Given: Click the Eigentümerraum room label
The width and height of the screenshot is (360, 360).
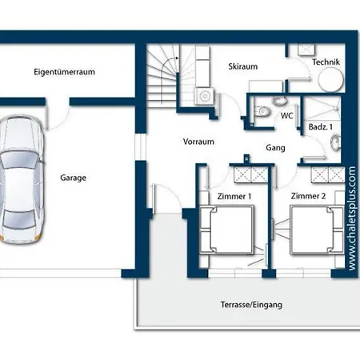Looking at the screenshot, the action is pos(64,72).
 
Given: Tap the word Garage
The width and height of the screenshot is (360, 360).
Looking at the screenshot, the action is pos(73,178).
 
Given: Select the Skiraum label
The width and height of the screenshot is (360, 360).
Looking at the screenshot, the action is pos(243,66).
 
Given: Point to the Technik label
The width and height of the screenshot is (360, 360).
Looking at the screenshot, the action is pos(326,62).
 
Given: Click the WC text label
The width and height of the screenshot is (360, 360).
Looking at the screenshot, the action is pos(286,116).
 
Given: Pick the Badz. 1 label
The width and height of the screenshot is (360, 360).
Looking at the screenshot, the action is pos(321,127).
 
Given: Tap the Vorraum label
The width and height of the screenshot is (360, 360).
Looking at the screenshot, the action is pos(198,142).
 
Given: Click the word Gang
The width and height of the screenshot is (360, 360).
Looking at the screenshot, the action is pos(275,148).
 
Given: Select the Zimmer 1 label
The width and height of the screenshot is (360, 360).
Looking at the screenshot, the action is pos(234,197).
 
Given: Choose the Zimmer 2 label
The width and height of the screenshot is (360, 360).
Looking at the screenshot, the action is pos(308,196).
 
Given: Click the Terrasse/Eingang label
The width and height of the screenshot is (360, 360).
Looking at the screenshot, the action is pos(251,305).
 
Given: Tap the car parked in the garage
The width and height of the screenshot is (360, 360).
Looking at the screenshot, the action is pos(22,178).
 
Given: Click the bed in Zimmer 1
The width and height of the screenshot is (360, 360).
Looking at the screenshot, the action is pos(226,230).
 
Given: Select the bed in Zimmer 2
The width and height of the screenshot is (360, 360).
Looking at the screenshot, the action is pos(317,230).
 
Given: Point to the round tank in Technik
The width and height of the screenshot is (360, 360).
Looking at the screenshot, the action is pos(331,79).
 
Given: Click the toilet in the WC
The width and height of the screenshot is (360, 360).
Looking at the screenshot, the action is pos(263,111).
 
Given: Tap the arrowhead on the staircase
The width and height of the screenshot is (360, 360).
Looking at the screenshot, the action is pos(177,58).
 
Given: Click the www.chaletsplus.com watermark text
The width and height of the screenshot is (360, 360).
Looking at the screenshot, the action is pos(352,218).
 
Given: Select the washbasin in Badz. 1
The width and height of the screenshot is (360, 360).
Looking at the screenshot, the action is pos(335,142).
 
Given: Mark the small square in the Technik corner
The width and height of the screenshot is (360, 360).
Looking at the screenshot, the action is pos(306,50).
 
